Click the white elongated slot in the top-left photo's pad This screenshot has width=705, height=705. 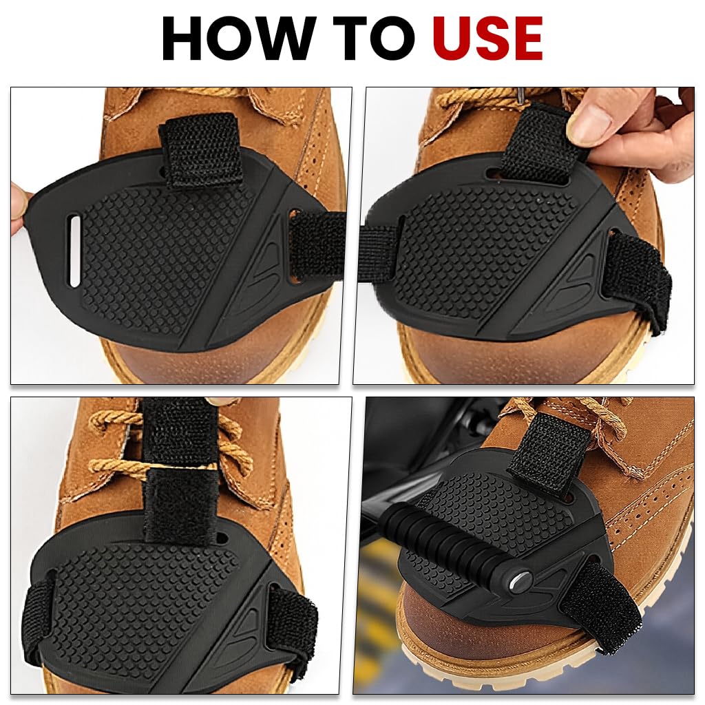click(74, 251)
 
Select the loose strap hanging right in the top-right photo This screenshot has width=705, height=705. click(640, 275)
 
